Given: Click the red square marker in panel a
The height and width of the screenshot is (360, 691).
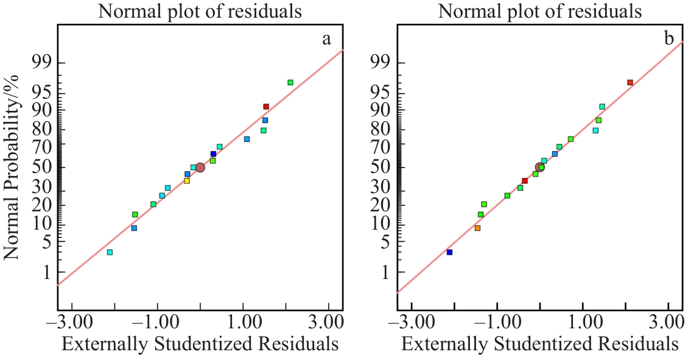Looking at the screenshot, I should point(266,107).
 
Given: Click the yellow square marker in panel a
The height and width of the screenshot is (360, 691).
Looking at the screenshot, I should point(187,181).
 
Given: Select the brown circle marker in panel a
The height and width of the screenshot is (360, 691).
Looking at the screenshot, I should point(200,168).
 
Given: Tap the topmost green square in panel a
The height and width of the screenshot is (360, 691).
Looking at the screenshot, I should point(290,82).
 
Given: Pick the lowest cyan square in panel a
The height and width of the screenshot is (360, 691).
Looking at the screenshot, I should point(110,252).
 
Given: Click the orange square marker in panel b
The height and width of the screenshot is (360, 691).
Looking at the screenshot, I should point(477,228).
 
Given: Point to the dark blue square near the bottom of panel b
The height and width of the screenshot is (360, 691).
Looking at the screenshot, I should point(449,252).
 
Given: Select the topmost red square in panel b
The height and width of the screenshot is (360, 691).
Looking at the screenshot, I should point(630,82).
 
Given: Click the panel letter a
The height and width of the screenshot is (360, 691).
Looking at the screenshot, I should point(327,40).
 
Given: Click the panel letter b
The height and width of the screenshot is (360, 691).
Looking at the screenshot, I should point(669,40).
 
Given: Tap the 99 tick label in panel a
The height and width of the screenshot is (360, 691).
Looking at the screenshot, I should point(39,63).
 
